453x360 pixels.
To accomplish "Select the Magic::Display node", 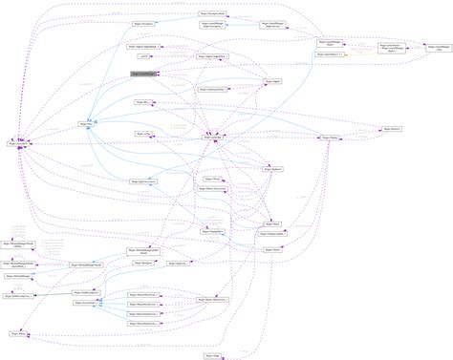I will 328,138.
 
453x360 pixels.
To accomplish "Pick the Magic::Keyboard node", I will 272,170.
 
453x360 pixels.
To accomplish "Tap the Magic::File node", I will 86,124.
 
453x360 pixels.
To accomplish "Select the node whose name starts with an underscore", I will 158,56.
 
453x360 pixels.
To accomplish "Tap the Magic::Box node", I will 143,100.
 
